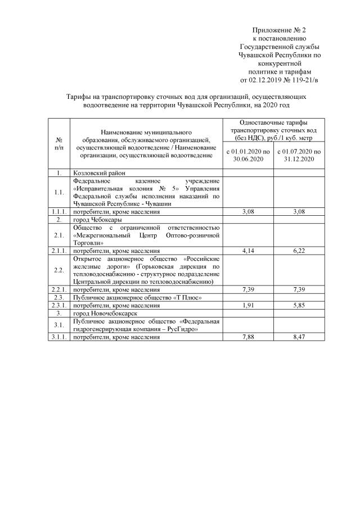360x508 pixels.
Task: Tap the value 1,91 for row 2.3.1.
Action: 248,305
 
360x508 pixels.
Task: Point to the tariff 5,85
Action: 298,305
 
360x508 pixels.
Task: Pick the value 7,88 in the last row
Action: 248,337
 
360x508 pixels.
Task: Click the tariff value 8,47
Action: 298,337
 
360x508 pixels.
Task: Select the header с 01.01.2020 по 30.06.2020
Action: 248,156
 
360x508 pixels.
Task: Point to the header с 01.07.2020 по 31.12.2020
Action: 298,156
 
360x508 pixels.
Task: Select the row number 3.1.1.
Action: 58,337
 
